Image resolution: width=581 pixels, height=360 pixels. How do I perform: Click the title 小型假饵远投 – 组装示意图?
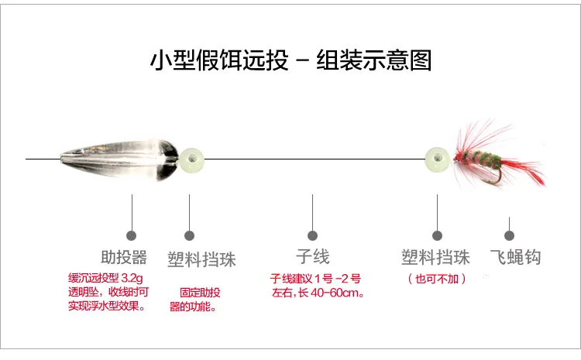point(290,60)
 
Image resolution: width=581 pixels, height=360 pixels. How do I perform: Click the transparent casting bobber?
point(119,159)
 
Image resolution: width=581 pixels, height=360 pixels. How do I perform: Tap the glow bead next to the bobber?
point(191,160)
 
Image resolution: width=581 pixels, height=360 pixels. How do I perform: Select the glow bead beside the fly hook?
point(437,159)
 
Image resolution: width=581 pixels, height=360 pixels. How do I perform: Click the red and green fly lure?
point(498,156)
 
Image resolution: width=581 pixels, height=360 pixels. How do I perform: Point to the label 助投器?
point(124,257)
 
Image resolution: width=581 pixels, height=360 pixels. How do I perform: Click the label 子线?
point(313,256)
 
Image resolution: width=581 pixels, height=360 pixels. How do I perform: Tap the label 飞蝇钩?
point(515,257)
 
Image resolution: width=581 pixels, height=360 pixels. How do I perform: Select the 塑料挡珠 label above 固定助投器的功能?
point(201,259)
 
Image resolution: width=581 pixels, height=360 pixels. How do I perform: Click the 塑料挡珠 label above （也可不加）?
point(435,257)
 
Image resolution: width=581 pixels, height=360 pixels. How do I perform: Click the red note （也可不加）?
point(437,279)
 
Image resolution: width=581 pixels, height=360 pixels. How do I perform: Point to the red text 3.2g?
point(132,278)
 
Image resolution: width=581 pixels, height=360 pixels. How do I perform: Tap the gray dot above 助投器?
point(131,235)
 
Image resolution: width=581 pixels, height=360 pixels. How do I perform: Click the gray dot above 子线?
point(312,235)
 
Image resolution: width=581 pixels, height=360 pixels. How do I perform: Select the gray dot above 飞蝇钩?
point(509,235)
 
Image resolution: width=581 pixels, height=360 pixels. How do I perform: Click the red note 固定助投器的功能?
point(195,300)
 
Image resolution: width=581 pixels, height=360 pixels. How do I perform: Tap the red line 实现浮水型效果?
point(106,306)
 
